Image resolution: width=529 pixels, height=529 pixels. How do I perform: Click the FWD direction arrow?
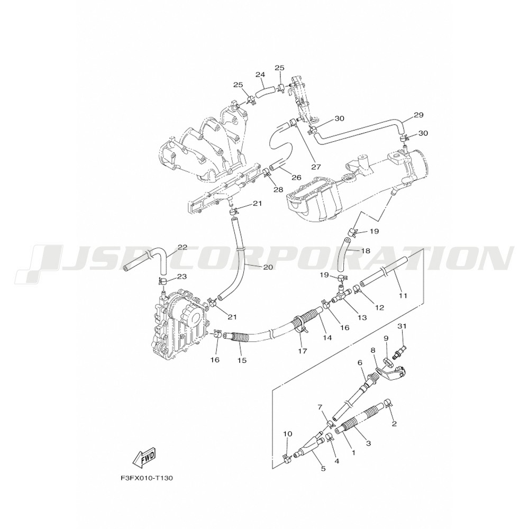(x=144, y=459)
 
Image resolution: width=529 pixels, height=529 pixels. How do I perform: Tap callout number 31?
(x=402, y=326)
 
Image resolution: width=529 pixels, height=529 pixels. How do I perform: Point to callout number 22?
(x=183, y=248)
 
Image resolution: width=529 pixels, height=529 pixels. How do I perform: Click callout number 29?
(x=418, y=115)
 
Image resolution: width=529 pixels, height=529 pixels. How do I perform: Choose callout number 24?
(x=260, y=74)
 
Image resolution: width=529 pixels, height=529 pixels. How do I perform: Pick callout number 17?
(x=303, y=351)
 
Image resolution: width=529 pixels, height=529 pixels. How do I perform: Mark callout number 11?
(x=403, y=296)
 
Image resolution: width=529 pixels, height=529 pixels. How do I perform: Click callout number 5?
(x=323, y=469)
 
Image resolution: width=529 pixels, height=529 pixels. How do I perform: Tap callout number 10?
(x=288, y=434)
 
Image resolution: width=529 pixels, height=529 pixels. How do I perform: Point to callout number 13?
(x=362, y=317)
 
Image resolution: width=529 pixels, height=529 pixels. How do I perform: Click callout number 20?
(x=268, y=267)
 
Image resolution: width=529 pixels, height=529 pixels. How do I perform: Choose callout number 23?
(x=182, y=277)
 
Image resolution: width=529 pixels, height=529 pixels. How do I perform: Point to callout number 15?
(x=242, y=360)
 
